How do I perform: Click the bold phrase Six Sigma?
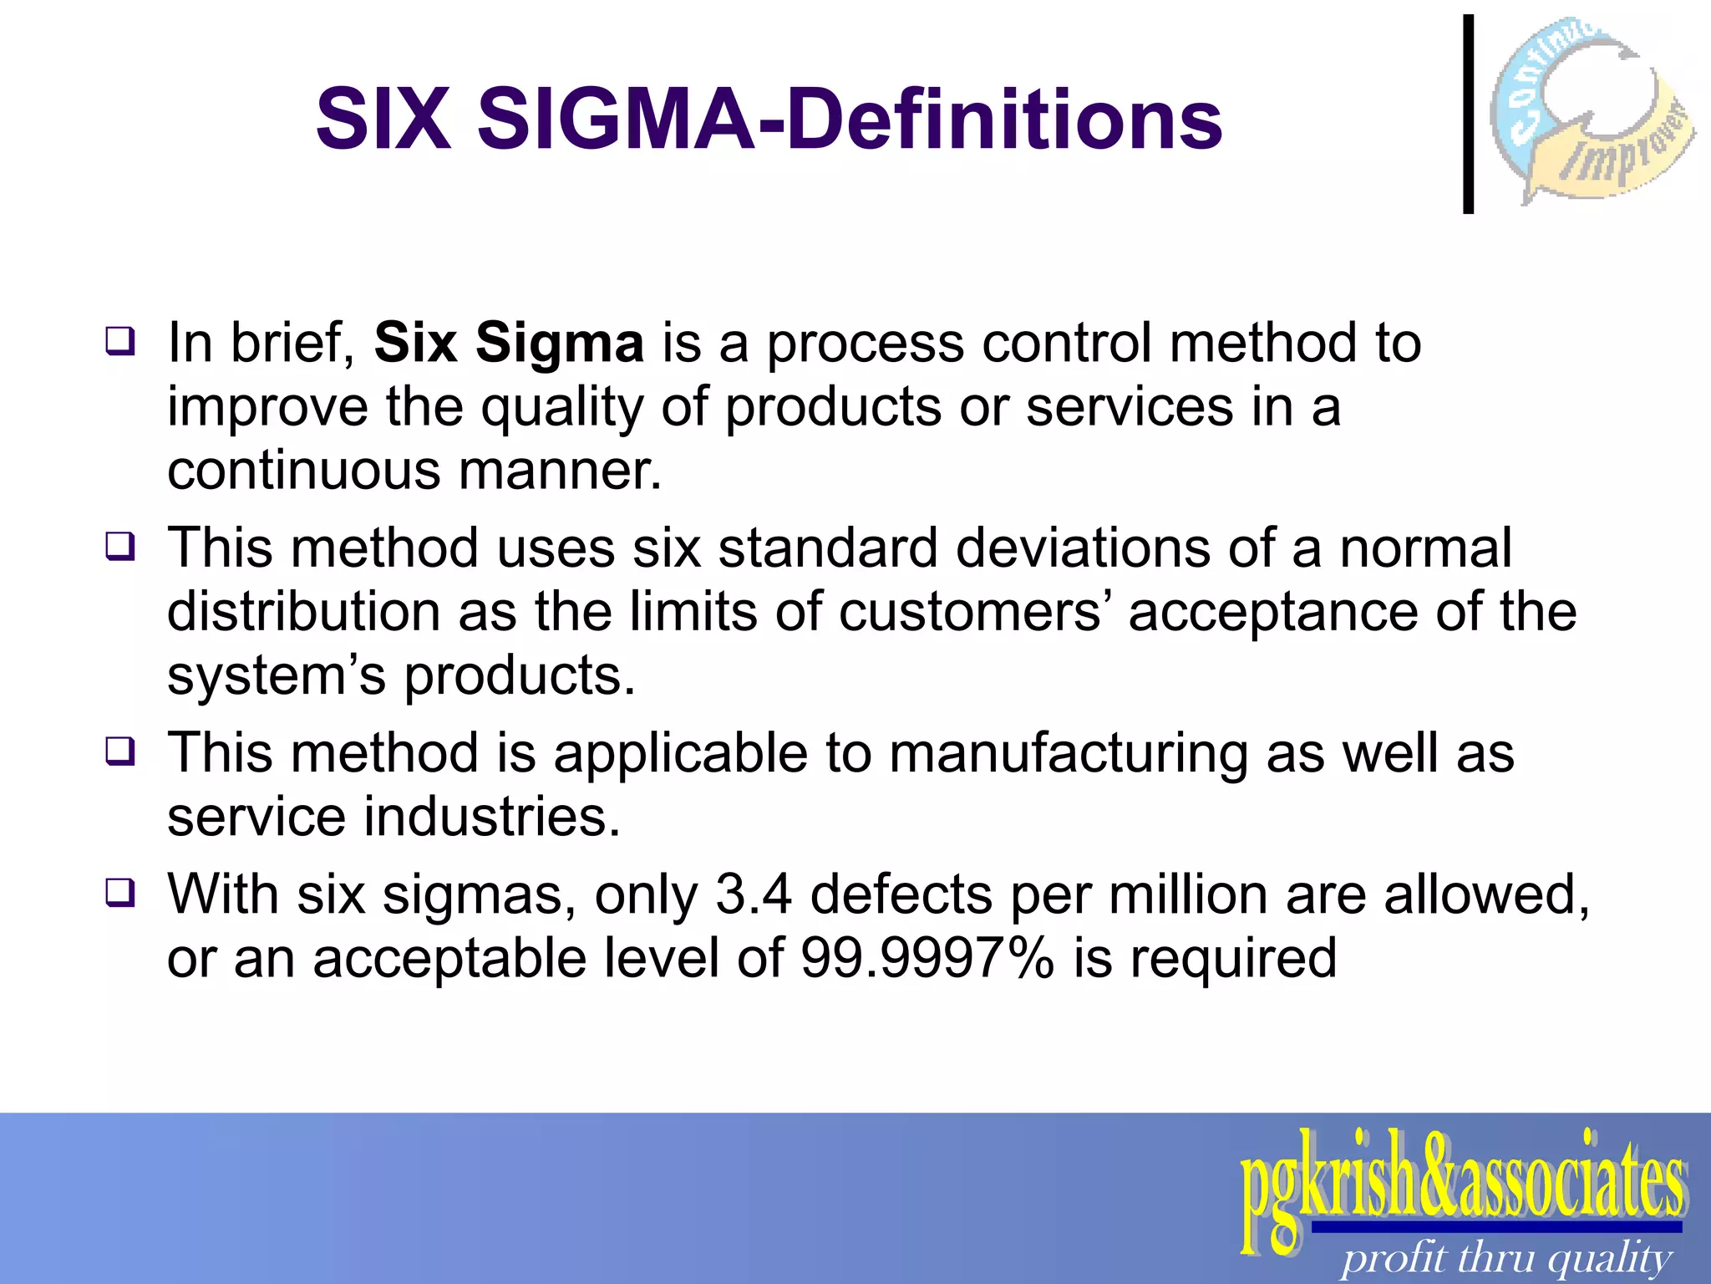click(x=509, y=343)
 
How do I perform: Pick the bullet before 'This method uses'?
click(x=119, y=547)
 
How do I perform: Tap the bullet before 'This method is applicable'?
click(x=119, y=751)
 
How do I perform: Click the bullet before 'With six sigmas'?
click(x=119, y=893)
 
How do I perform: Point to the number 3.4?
click(x=754, y=894)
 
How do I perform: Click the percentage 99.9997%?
click(x=927, y=958)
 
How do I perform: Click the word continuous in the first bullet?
click(x=303, y=471)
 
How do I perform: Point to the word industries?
click(x=492, y=817)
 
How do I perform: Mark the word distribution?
click(x=303, y=612)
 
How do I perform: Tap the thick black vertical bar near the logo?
click(x=1468, y=115)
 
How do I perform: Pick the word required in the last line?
click(x=1233, y=958)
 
